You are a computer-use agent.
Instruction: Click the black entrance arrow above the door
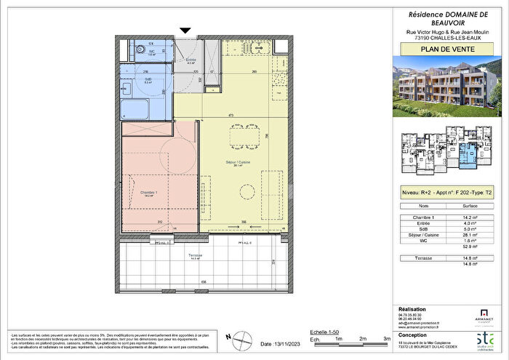(185, 30)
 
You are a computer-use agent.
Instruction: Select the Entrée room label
(191, 61)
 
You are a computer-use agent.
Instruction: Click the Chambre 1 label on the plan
(148, 193)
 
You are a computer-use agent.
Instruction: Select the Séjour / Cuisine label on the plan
(233, 163)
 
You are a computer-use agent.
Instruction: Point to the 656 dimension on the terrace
(204, 282)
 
